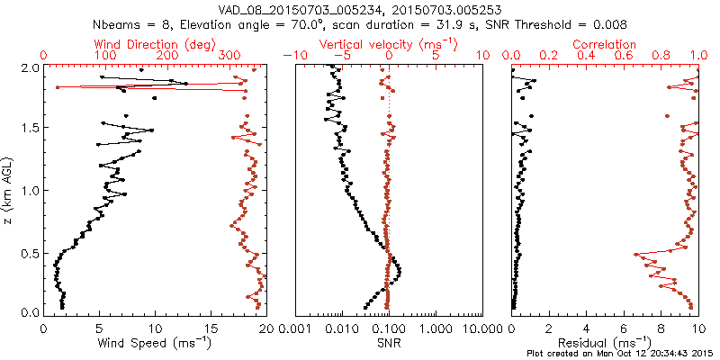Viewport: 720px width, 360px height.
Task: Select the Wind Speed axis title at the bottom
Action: tap(156, 343)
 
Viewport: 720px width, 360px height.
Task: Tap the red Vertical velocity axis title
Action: tap(389, 44)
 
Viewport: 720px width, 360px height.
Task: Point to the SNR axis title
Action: tap(389, 343)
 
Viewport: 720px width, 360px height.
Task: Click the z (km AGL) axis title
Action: tap(10, 188)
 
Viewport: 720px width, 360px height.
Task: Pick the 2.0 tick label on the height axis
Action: tap(29, 68)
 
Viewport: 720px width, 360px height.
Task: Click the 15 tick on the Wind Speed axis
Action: tap(211, 328)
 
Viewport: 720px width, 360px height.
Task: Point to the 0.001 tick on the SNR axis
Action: tap(295, 328)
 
